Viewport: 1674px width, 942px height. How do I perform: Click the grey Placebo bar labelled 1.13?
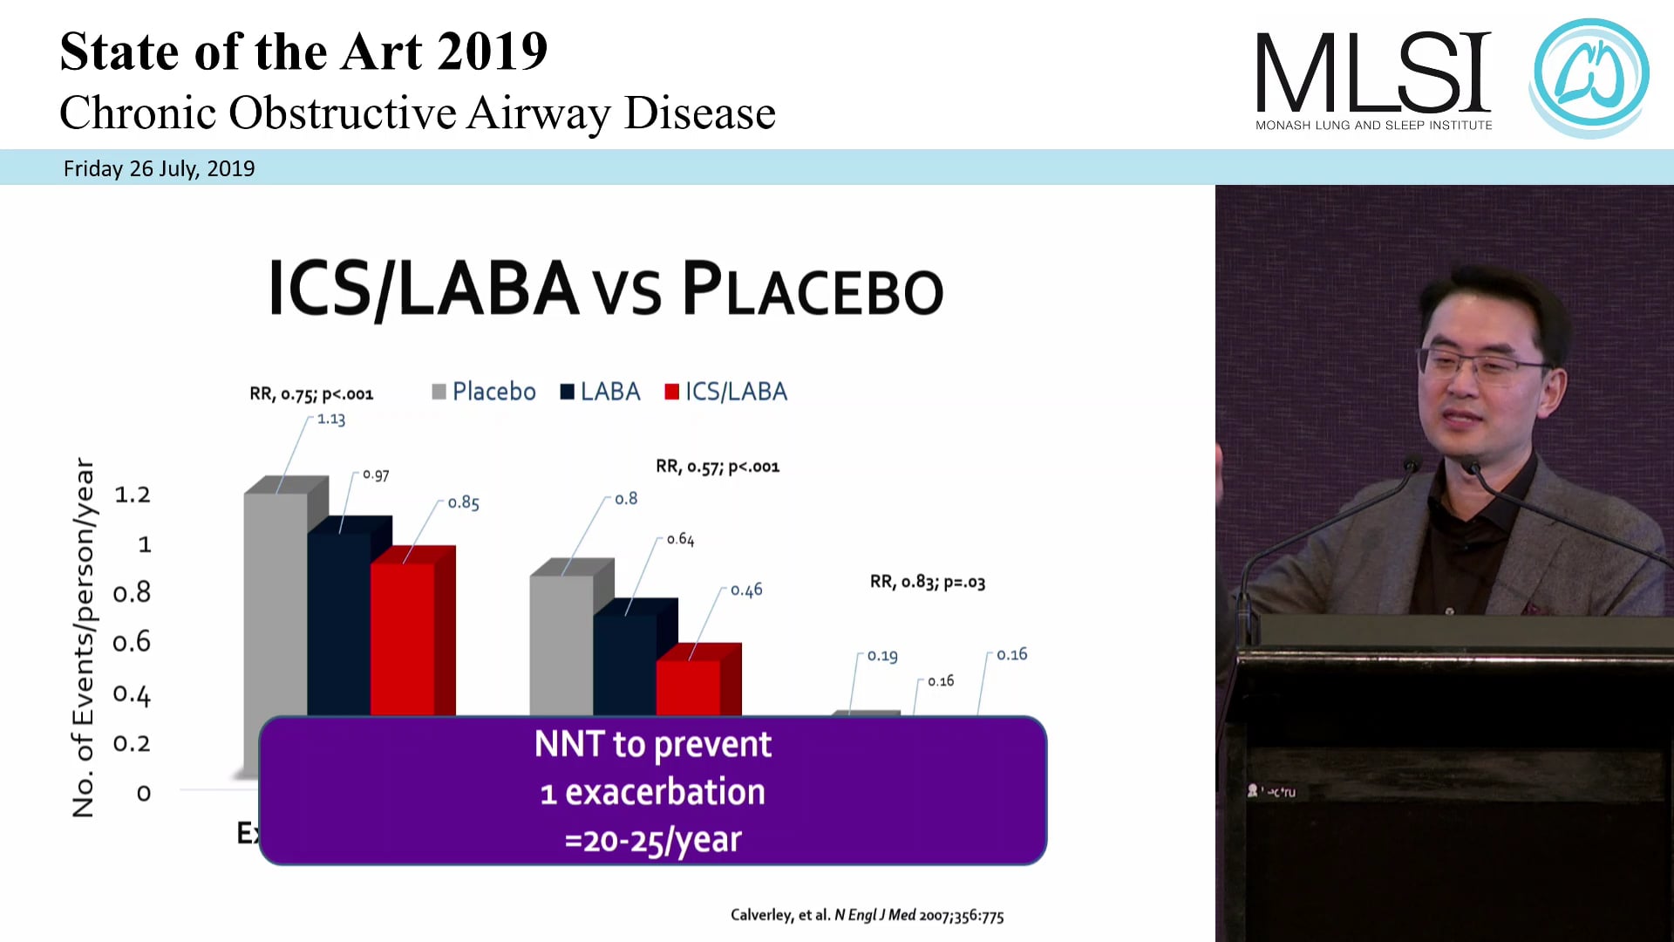pyautogui.click(x=276, y=602)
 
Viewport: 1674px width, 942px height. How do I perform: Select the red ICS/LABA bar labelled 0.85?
pyautogui.click(x=403, y=637)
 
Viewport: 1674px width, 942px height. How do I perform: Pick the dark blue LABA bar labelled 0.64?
pyautogui.click(x=625, y=663)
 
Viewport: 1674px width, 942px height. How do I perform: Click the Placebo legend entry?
pyautogui.click(x=484, y=392)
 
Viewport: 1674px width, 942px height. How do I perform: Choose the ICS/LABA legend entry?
pyautogui.click(x=725, y=392)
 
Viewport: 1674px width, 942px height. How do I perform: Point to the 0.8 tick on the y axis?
pyautogui.click(x=133, y=593)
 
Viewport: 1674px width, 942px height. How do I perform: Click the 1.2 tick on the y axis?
pyautogui.click(x=133, y=495)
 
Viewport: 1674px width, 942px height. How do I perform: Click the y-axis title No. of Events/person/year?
pyautogui.click(x=84, y=637)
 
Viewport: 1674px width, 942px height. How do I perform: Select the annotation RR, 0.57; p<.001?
pyautogui.click(x=718, y=467)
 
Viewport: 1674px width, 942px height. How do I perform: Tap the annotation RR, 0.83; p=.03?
pyautogui.click(x=928, y=582)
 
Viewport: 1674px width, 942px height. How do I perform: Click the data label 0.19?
pyautogui.click(x=882, y=656)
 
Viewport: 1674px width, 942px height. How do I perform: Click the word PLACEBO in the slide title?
pyautogui.click(x=813, y=290)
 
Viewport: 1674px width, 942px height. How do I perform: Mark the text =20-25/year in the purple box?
pyautogui.click(x=653, y=840)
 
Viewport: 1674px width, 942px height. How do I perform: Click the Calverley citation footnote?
pyautogui.click(x=867, y=915)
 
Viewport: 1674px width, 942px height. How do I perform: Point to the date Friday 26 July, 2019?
pyautogui.click(x=159, y=168)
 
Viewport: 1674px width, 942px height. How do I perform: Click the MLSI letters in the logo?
pyautogui.click(x=1373, y=74)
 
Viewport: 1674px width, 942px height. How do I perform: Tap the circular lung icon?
pyautogui.click(x=1589, y=77)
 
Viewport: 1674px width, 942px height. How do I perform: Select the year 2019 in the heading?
pyautogui.click(x=492, y=51)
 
